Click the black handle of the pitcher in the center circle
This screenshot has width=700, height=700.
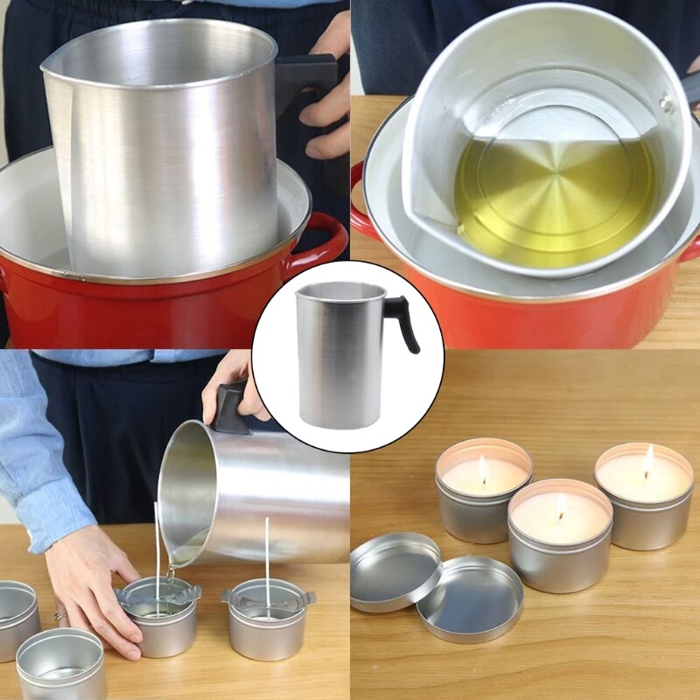[403, 319]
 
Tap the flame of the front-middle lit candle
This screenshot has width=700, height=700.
[560, 507]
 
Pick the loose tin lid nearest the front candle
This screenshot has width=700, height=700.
[469, 599]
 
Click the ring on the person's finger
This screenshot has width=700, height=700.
[59, 615]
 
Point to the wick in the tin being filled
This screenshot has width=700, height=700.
[157, 551]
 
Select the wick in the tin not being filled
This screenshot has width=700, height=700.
[267, 556]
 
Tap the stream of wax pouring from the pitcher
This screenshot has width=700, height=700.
[170, 573]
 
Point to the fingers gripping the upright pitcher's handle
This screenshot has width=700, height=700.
[328, 105]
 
